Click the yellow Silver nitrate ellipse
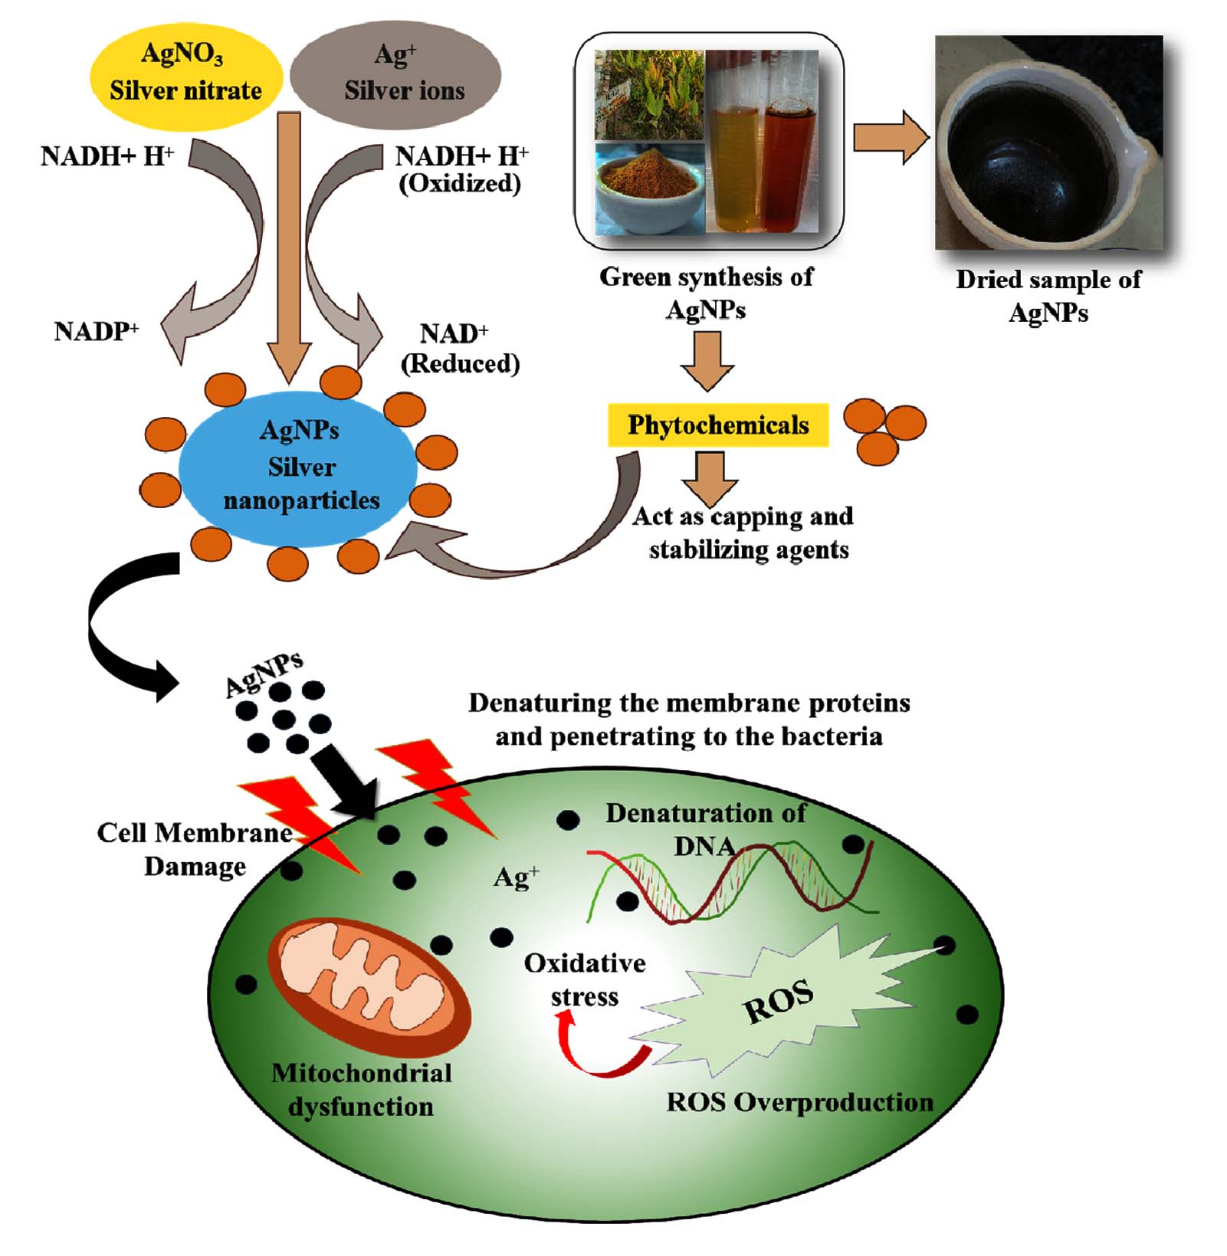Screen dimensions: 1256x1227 [185, 74]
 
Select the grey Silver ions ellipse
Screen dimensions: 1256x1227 [396, 74]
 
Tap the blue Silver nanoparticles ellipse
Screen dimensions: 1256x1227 [299, 467]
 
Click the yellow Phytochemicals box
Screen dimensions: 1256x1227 [718, 425]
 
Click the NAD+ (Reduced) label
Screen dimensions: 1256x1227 [460, 349]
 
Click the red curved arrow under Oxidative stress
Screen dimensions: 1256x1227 [598, 1050]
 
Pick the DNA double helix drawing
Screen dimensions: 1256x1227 [732, 881]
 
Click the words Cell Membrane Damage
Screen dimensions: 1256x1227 [195, 849]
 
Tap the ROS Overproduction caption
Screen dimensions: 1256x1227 [799, 1102]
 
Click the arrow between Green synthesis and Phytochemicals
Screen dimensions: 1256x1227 [707, 360]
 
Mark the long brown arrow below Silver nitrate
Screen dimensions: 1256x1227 [289, 245]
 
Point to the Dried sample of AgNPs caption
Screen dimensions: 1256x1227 [1048, 296]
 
